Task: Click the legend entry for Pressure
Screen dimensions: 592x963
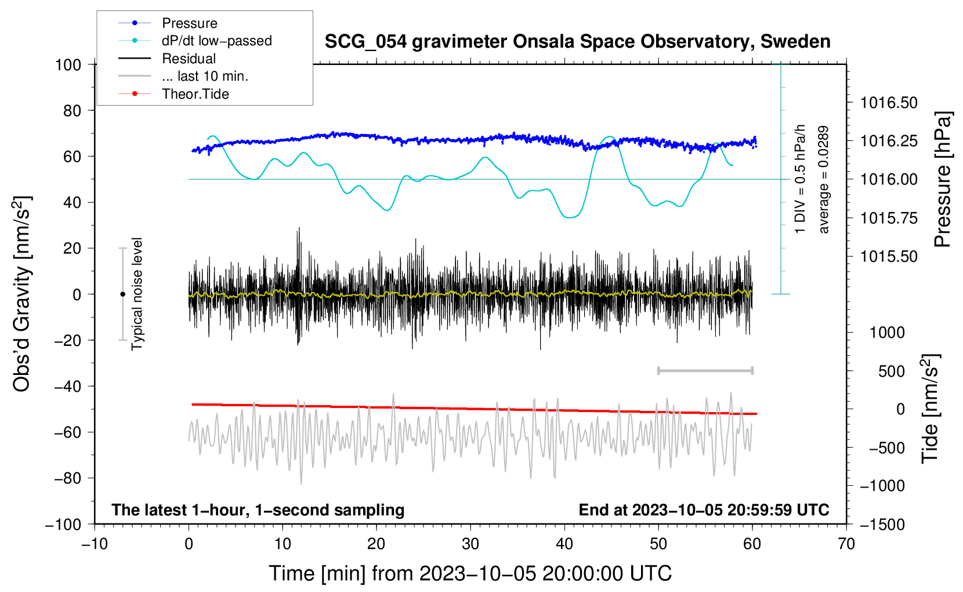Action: coord(189,23)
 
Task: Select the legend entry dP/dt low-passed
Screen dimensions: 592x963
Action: coord(216,41)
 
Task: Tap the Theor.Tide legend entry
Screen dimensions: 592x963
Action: coord(195,94)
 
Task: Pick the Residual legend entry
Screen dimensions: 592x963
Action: coord(189,59)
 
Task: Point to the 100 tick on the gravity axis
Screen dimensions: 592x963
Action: coord(68,64)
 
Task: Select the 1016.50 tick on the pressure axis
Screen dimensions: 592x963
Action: coord(889,103)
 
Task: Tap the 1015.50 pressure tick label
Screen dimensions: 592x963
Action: coord(889,257)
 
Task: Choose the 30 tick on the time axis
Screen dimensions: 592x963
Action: coord(470,544)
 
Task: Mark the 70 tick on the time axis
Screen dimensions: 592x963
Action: coord(846,544)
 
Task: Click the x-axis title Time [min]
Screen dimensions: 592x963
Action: coord(470,573)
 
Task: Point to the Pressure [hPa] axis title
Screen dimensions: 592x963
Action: coord(943,180)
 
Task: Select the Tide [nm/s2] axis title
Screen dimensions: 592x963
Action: coord(930,409)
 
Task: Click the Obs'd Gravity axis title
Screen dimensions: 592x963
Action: coord(22,294)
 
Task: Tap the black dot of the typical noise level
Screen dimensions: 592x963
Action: coord(122,294)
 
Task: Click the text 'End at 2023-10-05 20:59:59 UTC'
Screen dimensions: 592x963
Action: coord(704,510)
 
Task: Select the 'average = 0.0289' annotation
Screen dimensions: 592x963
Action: coord(824,180)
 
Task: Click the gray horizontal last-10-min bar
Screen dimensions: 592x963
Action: coord(705,371)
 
